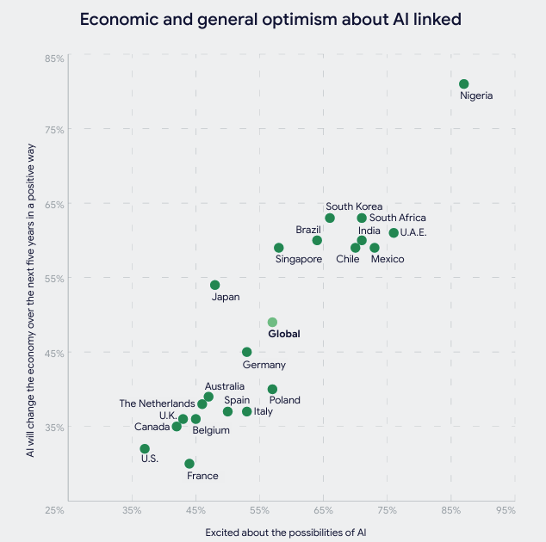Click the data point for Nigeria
click(464, 84)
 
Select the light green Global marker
click(272, 323)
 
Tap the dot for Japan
click(215, 285)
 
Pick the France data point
click(189, 464)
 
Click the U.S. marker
click(145, 449)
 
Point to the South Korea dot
click(330, 218)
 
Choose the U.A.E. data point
click(394, 233)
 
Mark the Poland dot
click(272, 390)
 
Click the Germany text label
click(264, 366)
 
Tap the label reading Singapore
click(299, 259)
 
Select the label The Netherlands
click(157, 403)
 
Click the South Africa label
click(397, 219)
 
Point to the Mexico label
click(387, 259)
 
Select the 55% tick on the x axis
click(260, 510)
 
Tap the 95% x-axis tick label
click(506, 510)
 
